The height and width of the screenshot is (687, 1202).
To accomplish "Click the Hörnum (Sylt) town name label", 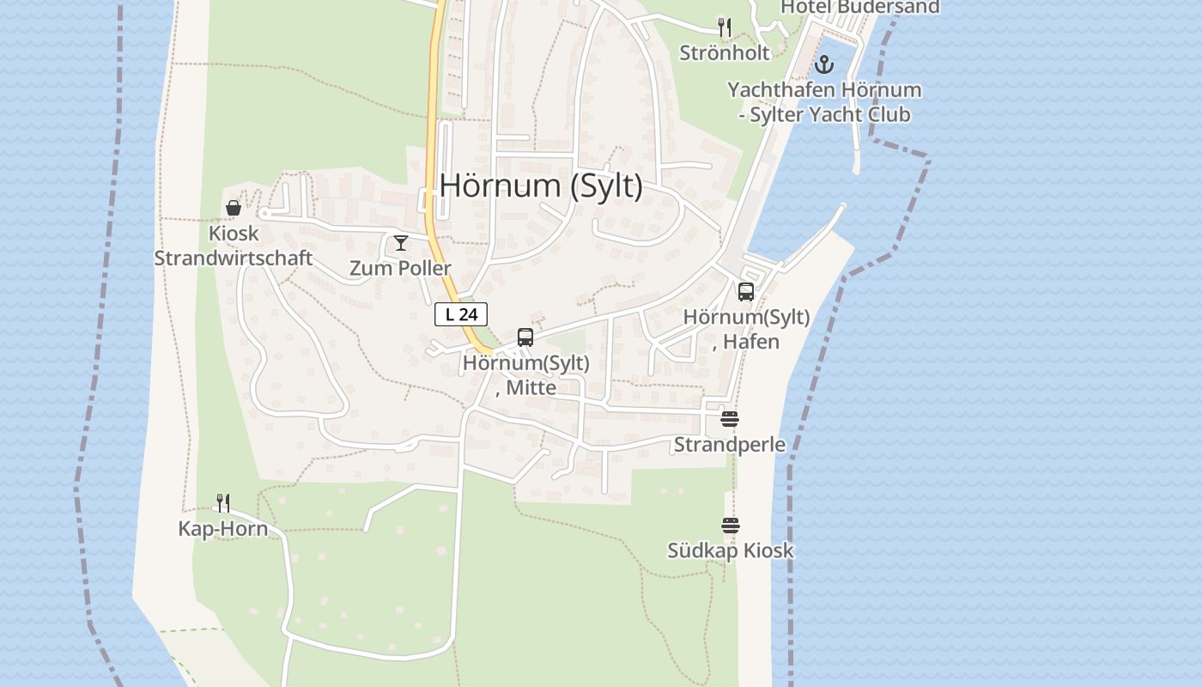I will point(541,185).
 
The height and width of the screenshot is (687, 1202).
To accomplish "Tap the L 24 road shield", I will point(461,314).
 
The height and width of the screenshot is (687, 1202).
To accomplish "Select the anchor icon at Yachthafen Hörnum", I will point(823,64).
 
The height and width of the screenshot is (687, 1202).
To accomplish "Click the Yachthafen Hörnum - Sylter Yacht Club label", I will point(824,102).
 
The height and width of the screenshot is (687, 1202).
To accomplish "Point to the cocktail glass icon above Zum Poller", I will point(400,243).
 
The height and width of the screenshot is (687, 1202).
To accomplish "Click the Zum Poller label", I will point(400,268).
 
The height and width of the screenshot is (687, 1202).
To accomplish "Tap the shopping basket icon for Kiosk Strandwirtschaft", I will point(233,208).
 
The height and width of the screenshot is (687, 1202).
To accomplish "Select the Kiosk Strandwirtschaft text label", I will point(233,246).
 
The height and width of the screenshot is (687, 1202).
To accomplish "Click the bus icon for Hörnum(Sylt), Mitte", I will point(525,337).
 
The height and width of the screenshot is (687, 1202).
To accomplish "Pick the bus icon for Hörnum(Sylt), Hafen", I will point(745,292).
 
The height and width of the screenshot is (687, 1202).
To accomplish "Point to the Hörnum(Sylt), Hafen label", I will point(745,329).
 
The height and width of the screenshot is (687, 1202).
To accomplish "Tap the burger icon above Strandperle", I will point(730,419).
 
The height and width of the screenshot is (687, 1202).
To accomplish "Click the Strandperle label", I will point(730,444).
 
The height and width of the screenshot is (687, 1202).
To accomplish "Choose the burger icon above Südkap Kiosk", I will point(730,526).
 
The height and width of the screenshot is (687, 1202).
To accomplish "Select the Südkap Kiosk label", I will point(731,550).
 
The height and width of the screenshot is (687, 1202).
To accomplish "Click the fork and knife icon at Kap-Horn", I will point(223,503).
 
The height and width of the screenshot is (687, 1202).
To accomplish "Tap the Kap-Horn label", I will point(223,528).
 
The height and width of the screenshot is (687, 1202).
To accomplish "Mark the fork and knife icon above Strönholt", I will point(725,27).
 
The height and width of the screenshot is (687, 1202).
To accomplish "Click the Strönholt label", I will point(725,52).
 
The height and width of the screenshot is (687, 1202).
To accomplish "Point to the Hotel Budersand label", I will point(859,7).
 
